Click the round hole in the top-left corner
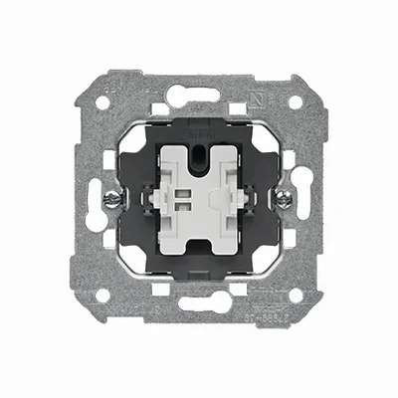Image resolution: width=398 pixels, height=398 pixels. click(x=103, y=102)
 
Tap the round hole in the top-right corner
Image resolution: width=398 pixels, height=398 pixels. click(x=296, y=101)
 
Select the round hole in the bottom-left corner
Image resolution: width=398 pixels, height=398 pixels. click(x=103, y=295)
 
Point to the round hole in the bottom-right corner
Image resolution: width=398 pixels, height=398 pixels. click(x=296, y=295)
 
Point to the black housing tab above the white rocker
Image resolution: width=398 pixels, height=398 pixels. click(x=199, y=128)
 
